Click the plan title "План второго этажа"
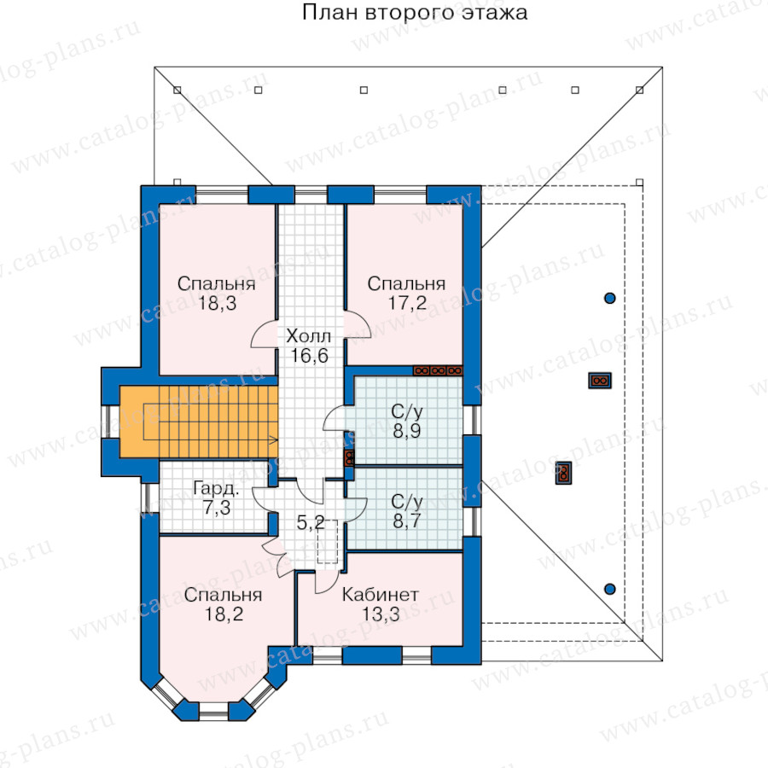click(415, 12)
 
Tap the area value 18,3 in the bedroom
click(217, 303)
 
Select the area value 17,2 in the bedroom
click(407, 303)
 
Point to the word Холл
click(309, 336)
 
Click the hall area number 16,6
click(309, 356)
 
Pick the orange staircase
click(199, 422)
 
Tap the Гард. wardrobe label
click(216, 488)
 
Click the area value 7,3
click(217, 508)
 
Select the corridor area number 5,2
click(311, 522)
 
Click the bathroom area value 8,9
click(407, 431)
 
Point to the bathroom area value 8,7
click(407, 521)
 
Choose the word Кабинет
click(380, 595)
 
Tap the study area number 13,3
click(381, 614)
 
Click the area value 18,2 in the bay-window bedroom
click(224, 614)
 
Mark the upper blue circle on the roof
click(610, 298)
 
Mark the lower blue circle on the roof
click(610, 589)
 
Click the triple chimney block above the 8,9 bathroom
click(438, 371)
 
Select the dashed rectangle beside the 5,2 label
click(327, 541)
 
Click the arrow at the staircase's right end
click(273, 440)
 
